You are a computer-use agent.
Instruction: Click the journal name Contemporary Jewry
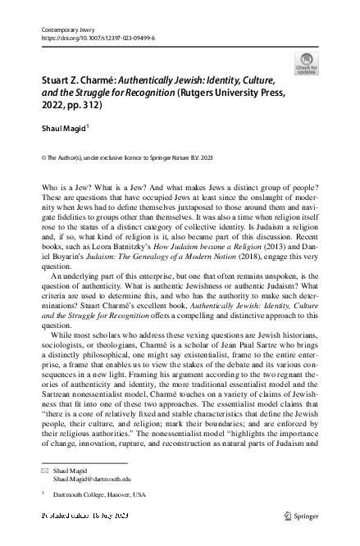69,29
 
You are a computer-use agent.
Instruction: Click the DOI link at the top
98,38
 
